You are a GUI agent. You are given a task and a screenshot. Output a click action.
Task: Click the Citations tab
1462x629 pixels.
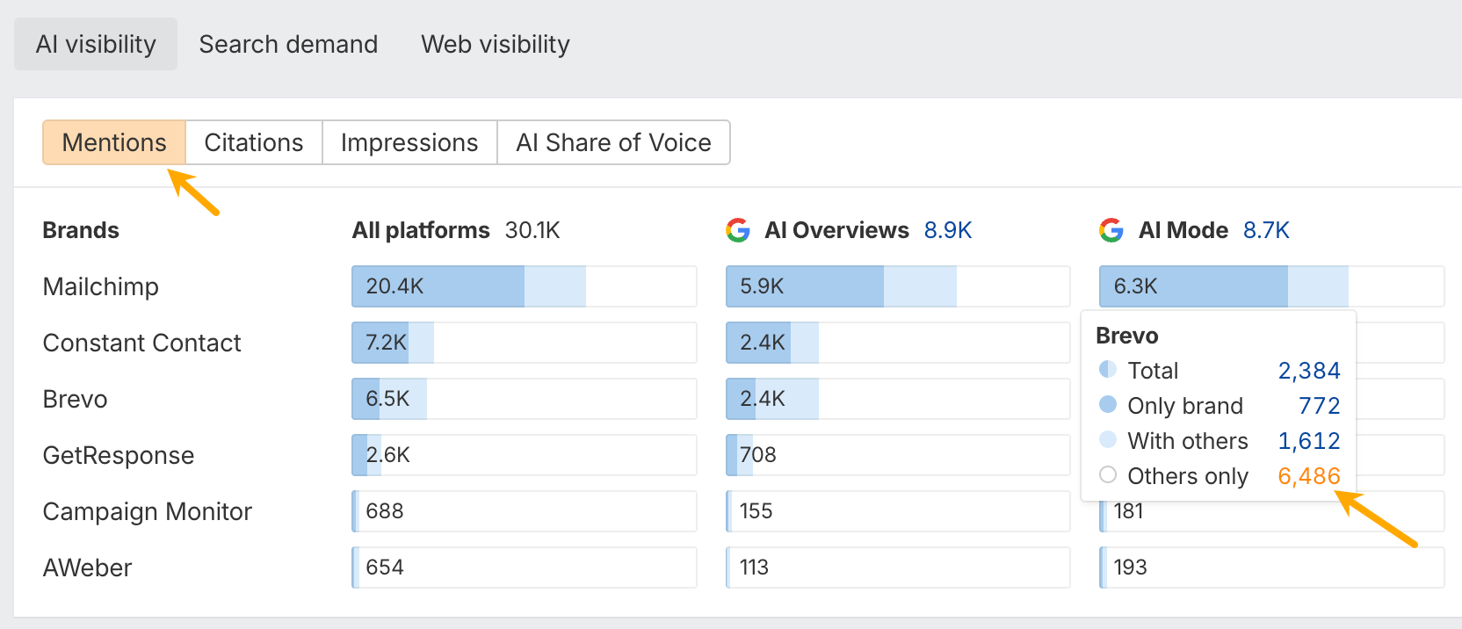coord(253,142)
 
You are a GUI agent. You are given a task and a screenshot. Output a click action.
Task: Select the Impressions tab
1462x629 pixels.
coord(409,142)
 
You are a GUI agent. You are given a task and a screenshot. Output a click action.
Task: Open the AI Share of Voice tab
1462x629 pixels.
coord(613,142)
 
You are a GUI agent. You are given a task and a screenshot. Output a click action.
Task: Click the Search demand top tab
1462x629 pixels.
coord(288,44)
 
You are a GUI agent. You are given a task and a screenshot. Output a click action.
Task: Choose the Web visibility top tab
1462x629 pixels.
coord(495,44)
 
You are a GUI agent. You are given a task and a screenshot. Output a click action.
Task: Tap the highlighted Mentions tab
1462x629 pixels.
coord(114,142)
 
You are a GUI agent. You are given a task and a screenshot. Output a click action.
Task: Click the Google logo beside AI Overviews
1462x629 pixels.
coord(738,230)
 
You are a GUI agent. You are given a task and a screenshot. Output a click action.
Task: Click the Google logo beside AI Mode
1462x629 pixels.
coord(1111,230)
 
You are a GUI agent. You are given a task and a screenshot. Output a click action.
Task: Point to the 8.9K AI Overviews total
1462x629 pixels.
coord(947,230)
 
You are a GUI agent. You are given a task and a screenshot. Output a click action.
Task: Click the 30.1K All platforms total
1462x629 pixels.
coord(532,230)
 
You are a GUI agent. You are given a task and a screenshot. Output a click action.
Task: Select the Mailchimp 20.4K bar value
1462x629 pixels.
coord(394,286)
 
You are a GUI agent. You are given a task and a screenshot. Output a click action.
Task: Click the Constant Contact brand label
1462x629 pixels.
coord(141,343)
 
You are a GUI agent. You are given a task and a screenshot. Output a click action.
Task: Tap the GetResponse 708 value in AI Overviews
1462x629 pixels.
coord(757,455)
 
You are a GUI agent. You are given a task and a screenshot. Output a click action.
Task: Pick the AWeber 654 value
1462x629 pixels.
coord(385,568)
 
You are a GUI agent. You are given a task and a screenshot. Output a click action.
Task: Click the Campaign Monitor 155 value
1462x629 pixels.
coord(756,511)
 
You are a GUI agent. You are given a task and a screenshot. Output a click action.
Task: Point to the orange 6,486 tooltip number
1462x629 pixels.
coord(1308,476)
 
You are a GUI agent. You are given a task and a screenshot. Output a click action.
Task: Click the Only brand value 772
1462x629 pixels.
coord(1319,406)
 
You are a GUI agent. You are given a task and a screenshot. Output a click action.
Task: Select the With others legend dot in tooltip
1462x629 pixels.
coord(1108,439)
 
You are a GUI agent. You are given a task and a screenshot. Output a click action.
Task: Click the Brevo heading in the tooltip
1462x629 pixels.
coord(1126,336)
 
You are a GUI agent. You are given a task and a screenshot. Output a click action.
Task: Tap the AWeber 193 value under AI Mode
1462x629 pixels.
coord(1130,568)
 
